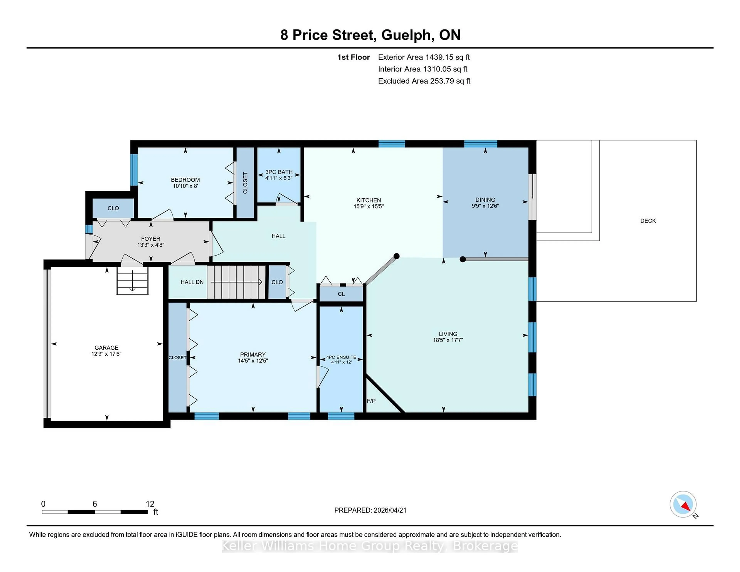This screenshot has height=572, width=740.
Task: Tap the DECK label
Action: point(648,221)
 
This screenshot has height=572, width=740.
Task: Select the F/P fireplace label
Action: point(371,401)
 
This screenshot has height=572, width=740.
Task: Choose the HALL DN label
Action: point(192,282)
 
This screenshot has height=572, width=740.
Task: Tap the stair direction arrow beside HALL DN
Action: point(236,282)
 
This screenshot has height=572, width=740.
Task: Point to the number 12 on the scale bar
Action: point(150,504)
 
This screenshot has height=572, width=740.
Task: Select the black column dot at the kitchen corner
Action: point(396,256)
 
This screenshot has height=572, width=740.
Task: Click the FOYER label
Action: point(151,239)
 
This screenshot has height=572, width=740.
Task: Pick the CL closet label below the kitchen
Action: point(341,294)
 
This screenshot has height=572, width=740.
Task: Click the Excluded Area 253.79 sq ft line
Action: point(424,81)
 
